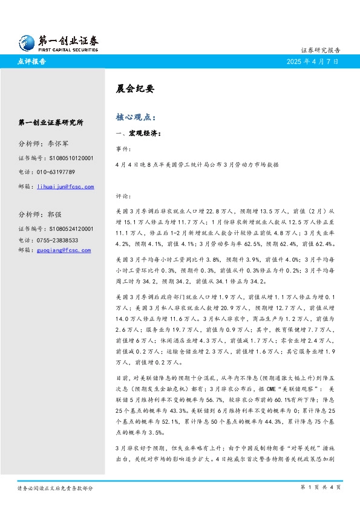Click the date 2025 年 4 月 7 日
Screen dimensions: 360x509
tap(313, 62)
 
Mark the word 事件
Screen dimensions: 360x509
tap(122, 148)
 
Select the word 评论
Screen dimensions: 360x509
tap(122, 196)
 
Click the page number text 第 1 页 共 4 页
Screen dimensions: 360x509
tap(321, 487)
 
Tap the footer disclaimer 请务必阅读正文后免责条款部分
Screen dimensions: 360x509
tap(55, 487)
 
